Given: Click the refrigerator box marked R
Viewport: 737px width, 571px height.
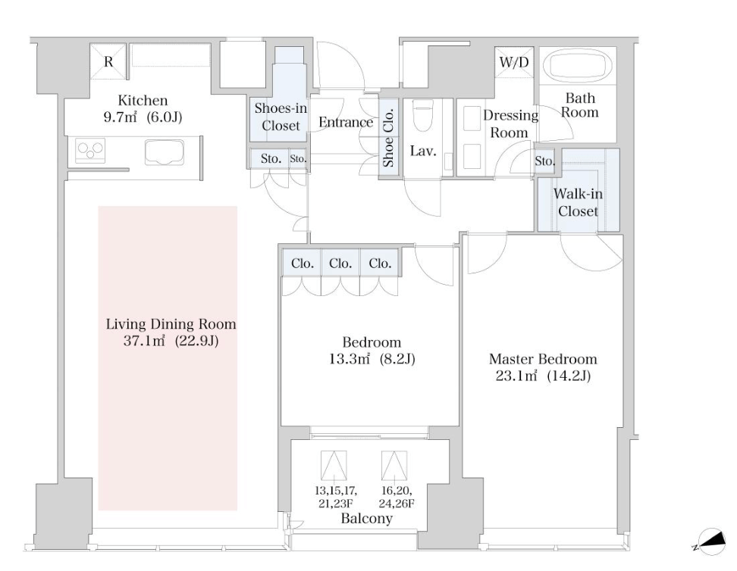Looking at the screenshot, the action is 108,61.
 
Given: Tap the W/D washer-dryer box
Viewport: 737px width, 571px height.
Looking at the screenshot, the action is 514,62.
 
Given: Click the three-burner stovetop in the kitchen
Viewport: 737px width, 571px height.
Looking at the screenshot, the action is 90,150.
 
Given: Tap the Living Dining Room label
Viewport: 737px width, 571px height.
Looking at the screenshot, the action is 171,324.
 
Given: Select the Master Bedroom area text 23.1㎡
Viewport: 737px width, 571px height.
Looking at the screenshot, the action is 516,376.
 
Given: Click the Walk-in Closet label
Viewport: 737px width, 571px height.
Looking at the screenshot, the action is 578,202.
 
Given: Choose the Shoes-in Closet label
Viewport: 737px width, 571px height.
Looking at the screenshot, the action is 281,117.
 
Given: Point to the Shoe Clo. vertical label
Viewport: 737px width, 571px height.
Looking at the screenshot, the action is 388,138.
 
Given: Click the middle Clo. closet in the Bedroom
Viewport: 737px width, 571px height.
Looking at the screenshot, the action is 340,264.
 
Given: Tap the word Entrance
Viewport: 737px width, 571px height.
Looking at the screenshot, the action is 346,123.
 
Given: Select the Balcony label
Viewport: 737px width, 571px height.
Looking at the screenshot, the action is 367,519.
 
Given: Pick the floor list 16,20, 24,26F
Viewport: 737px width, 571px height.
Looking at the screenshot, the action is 397,498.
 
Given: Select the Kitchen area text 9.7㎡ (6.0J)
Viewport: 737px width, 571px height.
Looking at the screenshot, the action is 143,117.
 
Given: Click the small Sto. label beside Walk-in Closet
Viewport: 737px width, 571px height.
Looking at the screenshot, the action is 544,161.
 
